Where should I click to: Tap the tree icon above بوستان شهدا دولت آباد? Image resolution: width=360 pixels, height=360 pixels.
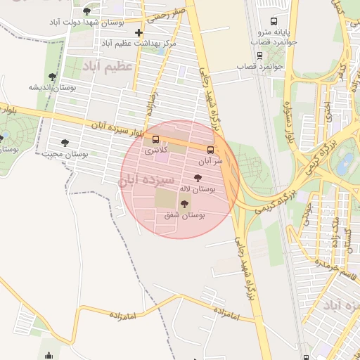pyautogui.click(x=86, y=11)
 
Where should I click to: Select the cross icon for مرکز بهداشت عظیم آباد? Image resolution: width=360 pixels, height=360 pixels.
pyautogui.click(x=139, y=33)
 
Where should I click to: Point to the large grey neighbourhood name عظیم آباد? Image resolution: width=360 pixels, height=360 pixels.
pyautogui.click(x=108, y=66)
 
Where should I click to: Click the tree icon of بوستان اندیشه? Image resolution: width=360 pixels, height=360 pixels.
pyautogui.click(x=52, y=77)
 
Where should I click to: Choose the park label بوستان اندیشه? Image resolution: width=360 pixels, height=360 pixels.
pyautogui.click(x=51, y=87)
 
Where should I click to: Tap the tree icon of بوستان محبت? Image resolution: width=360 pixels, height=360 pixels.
pyautogui.click(x=65, y=143)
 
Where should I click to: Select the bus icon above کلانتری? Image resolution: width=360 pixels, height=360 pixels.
pyautogui.click(x=155, y=139)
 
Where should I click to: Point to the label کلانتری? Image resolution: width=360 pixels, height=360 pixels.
pyautogui.click(x=155, y=150)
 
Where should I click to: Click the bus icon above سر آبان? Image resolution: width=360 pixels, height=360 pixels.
pyautogui.click(x=210, y=150)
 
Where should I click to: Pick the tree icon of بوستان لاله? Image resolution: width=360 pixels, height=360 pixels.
pyautogui.click(x=197, y=179)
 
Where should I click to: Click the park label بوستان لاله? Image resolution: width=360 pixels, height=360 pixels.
pyautogui.click(x=197, y=189)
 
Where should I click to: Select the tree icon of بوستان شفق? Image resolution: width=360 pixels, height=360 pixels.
pyautogui.click(x=184, y=204)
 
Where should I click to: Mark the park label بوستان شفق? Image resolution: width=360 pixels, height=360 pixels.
pyautogui.click(x=184, y=215)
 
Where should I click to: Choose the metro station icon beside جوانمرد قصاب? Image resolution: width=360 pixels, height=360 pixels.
pyautogui.click(x=259, y=55)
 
